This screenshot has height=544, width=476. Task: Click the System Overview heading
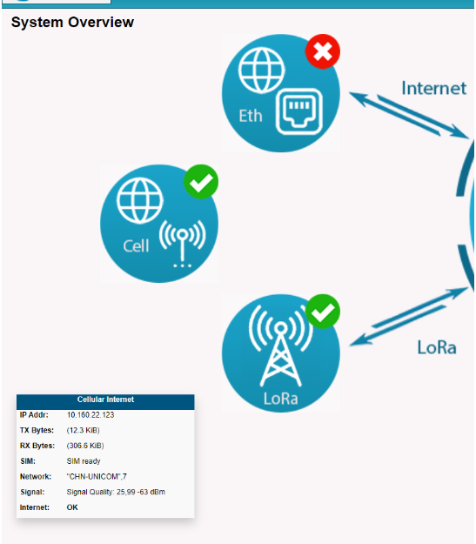click(x=72, y=23)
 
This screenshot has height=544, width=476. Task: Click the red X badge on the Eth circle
click(x=323, y=51)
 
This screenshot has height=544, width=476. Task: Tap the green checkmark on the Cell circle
click(x=201, y=182)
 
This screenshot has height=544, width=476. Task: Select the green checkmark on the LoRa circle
click(x=323, y=312)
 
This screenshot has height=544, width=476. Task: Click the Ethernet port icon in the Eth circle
click(x=299, y=111)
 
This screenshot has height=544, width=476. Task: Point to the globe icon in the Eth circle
click(x=262, y=71)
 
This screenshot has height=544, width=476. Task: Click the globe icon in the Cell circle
click(x=140, y=200)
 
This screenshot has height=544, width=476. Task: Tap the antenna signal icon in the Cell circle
click(x=183, y=244)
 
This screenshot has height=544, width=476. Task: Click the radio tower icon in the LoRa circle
click(x=281, y=346)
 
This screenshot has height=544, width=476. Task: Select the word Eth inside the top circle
click(x=251, y=116)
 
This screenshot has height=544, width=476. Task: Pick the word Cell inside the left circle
click(x=136, y=246)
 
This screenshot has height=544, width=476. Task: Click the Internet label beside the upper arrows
click(x=433, y=88)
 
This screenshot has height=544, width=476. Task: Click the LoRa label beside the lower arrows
click(x=437, y=347)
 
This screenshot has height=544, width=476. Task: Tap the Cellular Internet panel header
click(x=105, y=400)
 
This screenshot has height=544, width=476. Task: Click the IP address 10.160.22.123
click(x=91, y=415)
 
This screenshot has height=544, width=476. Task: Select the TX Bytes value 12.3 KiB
click(x=84, y=430)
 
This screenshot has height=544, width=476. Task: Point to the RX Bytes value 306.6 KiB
click(x=85, y=446)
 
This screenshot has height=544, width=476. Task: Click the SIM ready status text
click(x=84, y=461)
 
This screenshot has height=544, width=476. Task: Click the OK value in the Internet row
click(x=72, y=507)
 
